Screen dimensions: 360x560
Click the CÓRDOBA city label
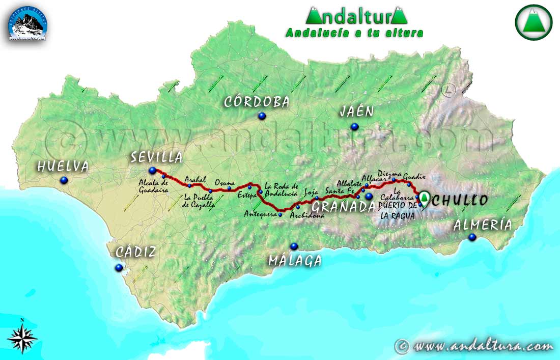257,102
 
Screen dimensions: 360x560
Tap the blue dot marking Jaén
354,126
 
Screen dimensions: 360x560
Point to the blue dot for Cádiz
119,267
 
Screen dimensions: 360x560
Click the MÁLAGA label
295,261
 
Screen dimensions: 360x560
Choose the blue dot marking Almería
472,237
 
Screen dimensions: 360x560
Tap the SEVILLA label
156,157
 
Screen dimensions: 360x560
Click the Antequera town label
260,214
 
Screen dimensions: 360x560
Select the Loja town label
311,192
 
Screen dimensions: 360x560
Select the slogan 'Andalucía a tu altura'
354,33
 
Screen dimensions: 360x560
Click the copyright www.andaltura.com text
474,346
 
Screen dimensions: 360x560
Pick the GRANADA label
343,206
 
